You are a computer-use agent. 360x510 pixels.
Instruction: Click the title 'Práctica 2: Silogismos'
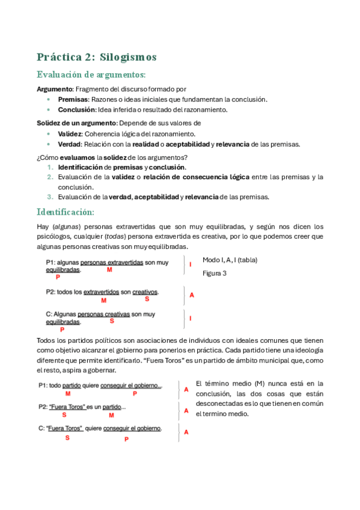click(96, 57)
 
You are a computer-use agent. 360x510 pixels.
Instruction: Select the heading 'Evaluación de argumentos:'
click(91, 75)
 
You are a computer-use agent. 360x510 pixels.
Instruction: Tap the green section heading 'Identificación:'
click(65, 212)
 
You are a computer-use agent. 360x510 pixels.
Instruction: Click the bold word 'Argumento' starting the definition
click(55, 89)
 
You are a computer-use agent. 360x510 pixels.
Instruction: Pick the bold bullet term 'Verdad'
click(69, 144)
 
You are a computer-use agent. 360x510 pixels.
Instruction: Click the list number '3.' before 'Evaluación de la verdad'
click(50, 197)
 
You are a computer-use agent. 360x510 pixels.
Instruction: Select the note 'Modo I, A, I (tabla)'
click(231, 260)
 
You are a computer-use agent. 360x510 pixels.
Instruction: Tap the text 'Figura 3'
click(215, 273)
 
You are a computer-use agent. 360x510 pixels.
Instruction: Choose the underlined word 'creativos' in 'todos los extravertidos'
click(145, 292)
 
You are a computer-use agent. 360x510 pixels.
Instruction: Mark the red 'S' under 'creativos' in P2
click(147, 299)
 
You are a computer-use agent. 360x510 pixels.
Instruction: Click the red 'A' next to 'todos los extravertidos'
click(192, 295)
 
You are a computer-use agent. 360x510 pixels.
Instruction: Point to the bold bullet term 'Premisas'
click(73, 99)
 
